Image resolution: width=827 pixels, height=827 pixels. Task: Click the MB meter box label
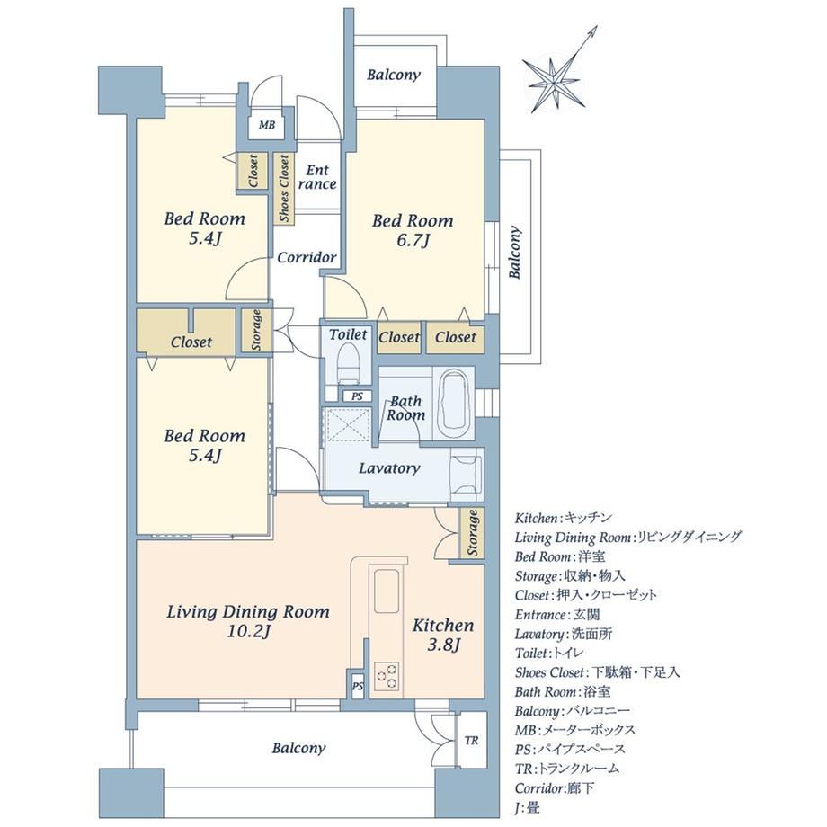click(266, 126)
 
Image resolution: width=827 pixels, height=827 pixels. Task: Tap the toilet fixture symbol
click(349, 363)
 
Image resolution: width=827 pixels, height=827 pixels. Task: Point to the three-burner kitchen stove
click(387, 676)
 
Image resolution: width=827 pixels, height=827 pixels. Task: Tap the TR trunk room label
click(472, 741)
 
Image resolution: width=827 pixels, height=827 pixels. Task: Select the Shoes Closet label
click(284, 188)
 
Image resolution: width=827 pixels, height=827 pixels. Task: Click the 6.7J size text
click(413, 241)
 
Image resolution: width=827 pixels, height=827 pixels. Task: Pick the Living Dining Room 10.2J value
click(248, 631)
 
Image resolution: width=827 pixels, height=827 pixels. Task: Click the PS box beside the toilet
click(358, 396)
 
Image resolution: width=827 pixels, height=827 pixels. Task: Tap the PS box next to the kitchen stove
click(358, 686)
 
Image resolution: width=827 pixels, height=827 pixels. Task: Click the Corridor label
click(307, 257)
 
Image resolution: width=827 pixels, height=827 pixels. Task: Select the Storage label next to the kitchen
click(473, 533)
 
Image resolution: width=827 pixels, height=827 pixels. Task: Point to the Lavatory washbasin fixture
click(467, 474)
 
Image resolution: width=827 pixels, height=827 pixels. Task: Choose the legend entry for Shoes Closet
click(597, 672)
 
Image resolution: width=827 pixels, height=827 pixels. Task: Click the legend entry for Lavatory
click(564, 634)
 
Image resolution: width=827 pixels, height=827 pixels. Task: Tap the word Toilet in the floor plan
click(348, 334)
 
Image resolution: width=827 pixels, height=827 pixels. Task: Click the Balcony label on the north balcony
click(394, 75)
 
